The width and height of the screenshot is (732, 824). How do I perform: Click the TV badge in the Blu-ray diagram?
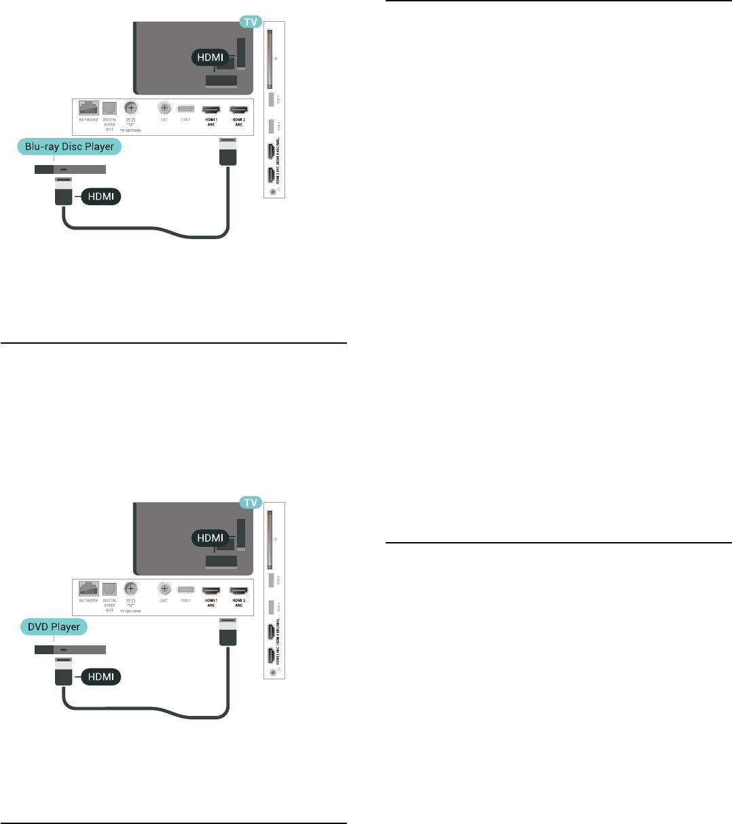point(251,22)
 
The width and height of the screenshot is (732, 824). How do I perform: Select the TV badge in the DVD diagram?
point(251,502)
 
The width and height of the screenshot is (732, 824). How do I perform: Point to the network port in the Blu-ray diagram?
point(89,108)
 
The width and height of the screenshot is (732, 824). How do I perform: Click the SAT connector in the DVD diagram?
point(164,588)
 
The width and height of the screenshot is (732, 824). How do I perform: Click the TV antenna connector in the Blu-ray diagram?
point(131,107)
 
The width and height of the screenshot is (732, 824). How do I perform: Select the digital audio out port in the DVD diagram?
point(109,588)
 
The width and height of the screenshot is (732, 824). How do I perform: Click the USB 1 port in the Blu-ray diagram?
point(185,109)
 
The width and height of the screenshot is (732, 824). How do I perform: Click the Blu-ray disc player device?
point(70,168)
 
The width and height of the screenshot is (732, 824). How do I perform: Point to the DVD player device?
point(70,649)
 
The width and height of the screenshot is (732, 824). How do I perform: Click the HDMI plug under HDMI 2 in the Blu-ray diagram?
point(227,151)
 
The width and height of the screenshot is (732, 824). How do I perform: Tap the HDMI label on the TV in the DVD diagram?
point(210,537)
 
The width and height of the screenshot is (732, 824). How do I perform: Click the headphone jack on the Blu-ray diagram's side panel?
point(274,191)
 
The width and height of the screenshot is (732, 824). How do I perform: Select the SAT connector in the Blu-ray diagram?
point(164,108)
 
